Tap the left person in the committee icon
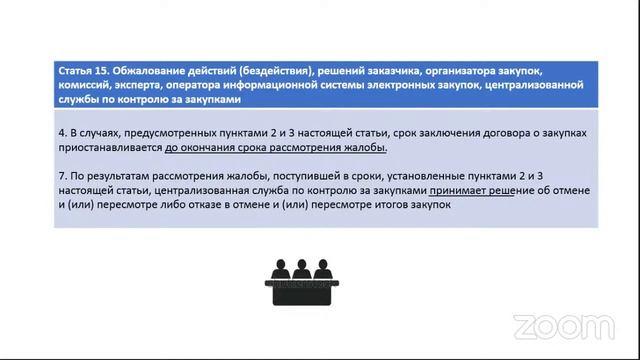tap(277, 271)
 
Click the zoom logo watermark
tap(562, 326)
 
